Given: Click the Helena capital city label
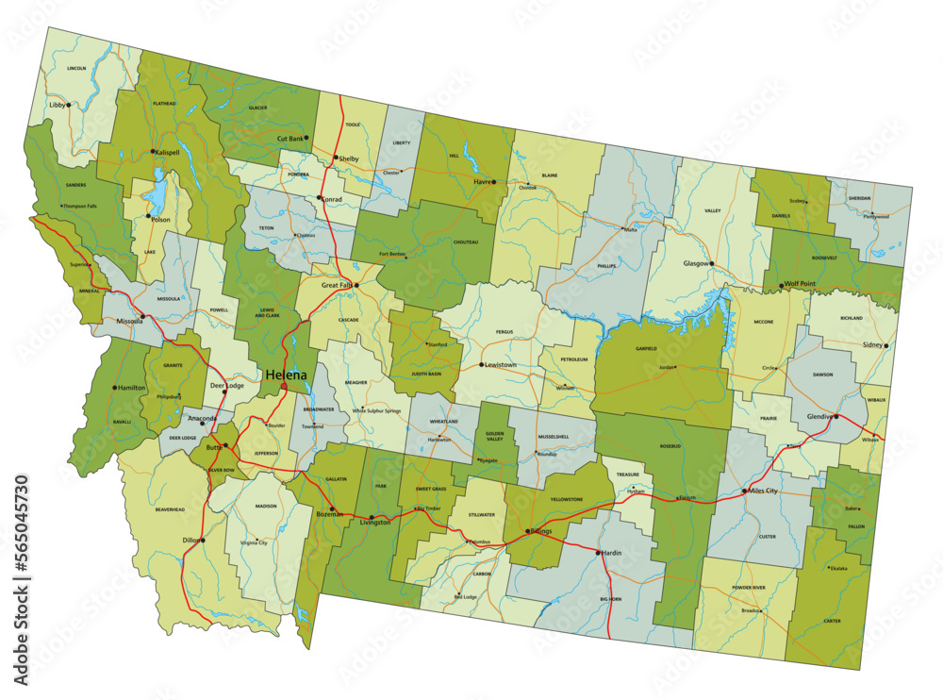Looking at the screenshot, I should tap(286, 375).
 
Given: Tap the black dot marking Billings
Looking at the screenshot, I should tap(528, 530).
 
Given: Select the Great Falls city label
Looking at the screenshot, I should tap(337, 284).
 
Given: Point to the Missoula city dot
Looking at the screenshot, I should tap(142, 317).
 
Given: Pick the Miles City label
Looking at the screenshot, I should tap(762, 491).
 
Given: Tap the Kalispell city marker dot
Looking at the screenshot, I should tap(153, 151).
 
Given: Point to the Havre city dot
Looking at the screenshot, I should tap(493, 182).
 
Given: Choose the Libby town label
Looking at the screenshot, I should tap(58, 105).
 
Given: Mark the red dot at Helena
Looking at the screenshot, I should tap(284, 386).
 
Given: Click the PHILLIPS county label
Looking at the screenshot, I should tap(605, 266).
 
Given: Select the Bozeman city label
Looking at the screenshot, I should tap(329, 515).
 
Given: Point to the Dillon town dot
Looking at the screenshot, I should tap(202, 541).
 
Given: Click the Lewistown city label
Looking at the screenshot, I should tap(501, 364).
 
